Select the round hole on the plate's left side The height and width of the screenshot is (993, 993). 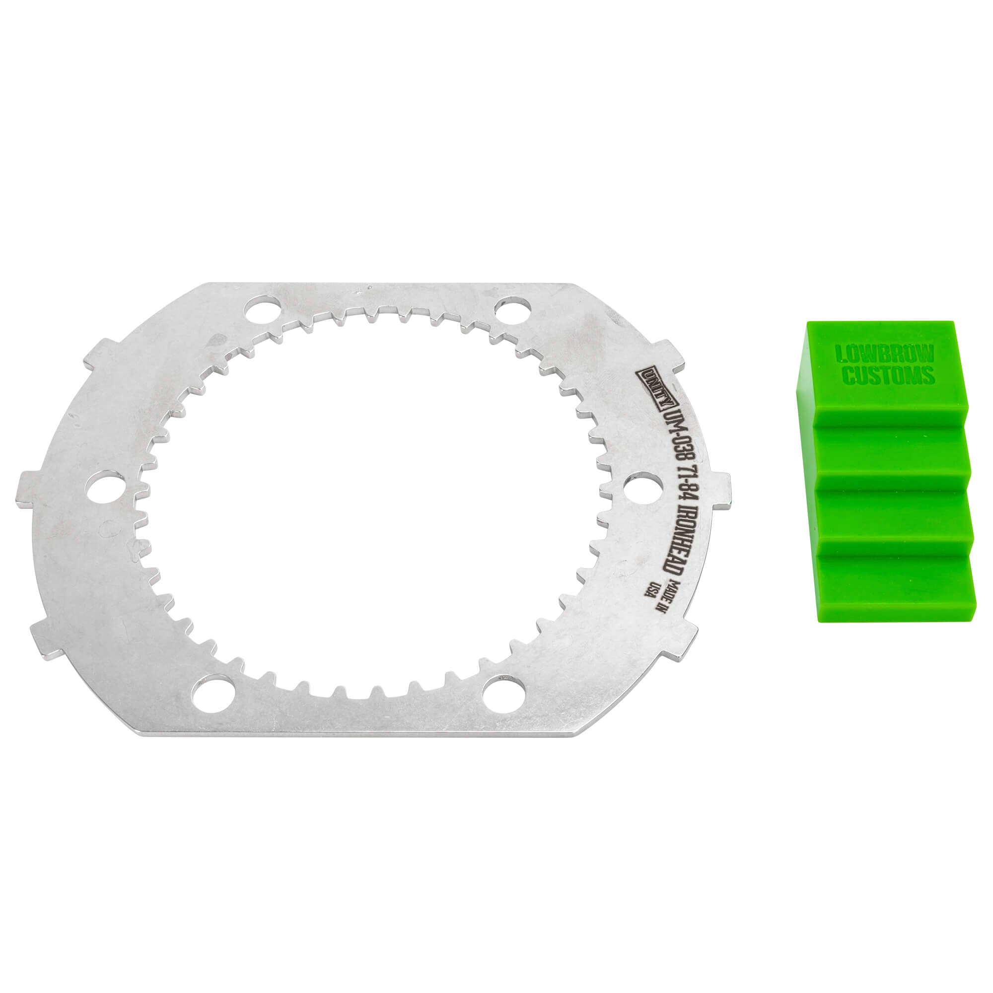pyautogui.click(x=106, y=491)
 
